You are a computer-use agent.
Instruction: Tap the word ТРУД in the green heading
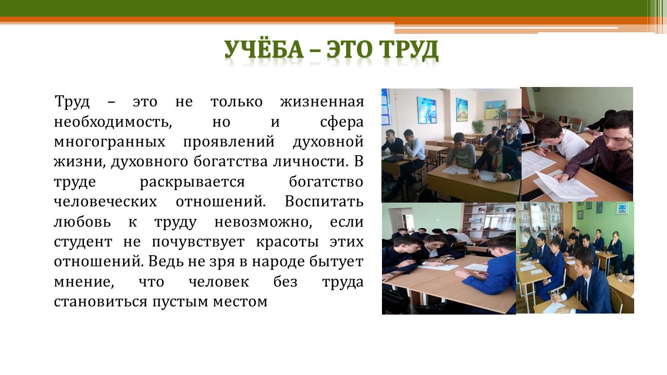[408, 49]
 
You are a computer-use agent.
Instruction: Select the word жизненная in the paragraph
[322, 102]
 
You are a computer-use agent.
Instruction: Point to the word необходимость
[113, 122]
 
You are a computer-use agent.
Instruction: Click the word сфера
[342, 122]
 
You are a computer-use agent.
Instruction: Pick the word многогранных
[109, 142]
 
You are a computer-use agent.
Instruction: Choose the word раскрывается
[192, 182]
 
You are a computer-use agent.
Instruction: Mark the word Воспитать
[324, 202]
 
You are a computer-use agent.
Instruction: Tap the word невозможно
[263, 222]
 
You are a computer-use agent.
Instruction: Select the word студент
[83, 242]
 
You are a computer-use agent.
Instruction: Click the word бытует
[336, 261]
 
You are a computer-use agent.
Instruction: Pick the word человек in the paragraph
[219, 282]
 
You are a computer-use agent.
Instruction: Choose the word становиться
[101, 302]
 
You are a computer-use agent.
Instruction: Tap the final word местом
[240, 302]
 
